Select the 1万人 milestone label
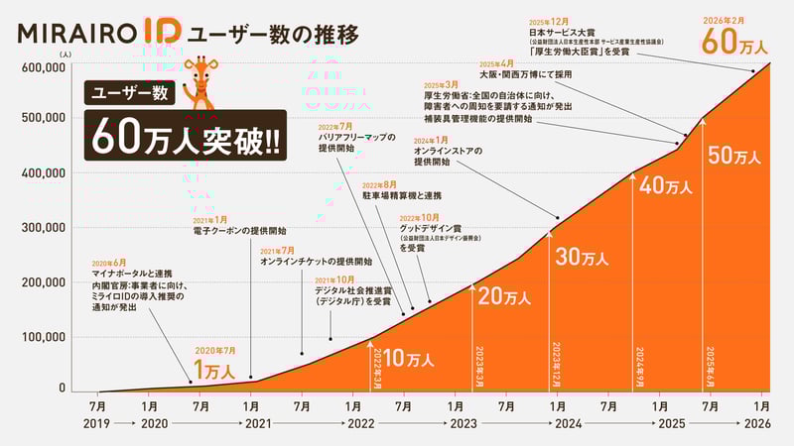click(213, 372)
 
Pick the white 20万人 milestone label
click(506, 296)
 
